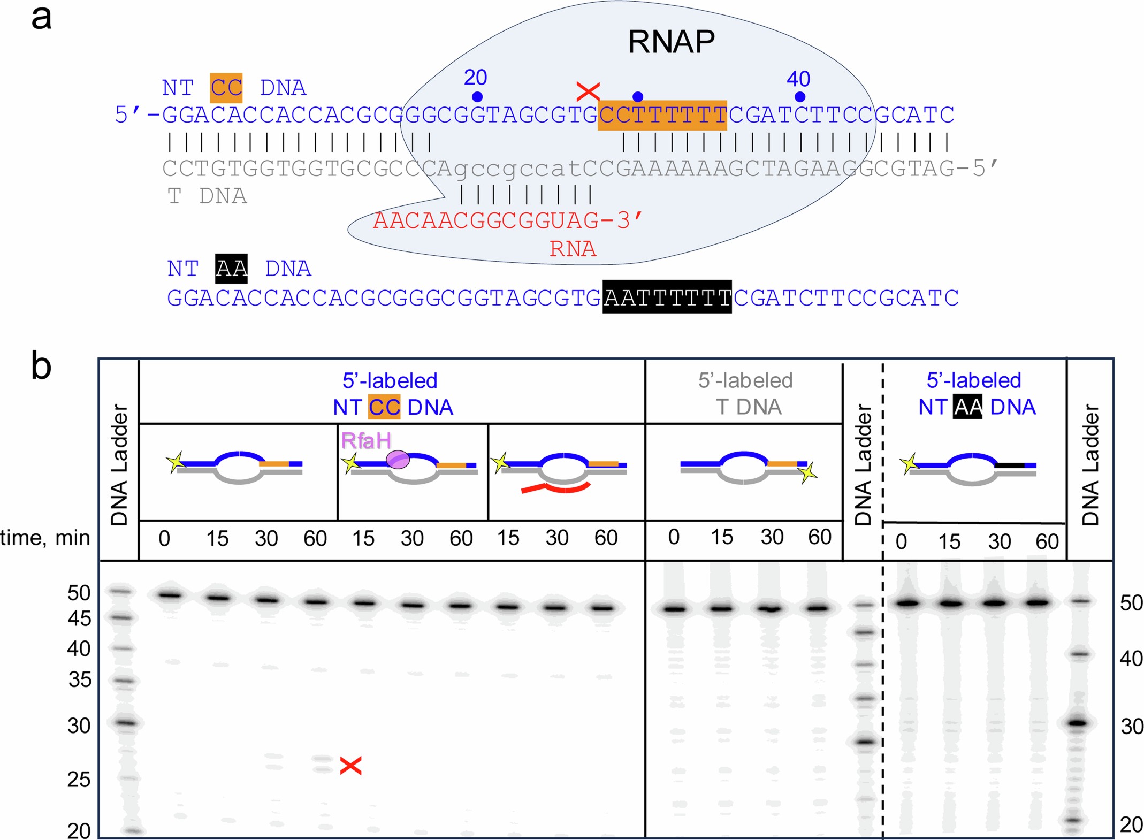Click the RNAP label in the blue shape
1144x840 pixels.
point(671,42)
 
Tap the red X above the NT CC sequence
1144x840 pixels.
point(588,91)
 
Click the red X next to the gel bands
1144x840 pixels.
point(350,766)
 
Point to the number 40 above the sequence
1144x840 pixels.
point(798,79)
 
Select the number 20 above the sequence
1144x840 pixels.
point(475,78)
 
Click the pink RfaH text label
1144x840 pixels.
point(366,441)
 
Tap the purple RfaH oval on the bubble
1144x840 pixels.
point(398,460)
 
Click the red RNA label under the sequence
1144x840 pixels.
point(573,249)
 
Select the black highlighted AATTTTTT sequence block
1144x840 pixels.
point(667,297)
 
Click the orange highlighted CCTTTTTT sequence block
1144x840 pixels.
point(662,115)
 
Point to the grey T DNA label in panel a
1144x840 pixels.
point(207,196)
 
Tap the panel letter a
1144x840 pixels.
point(41,17)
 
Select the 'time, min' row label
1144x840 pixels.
point(45,537)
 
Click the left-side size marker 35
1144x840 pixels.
point(80,680)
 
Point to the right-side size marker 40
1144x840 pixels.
point(1131,658)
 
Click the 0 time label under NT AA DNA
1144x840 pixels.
point(901,542)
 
